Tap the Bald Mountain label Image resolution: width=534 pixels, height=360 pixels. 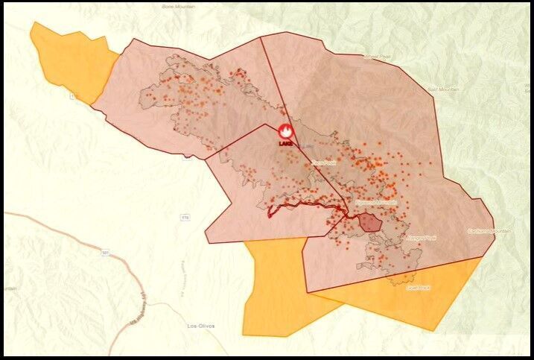point(443,89)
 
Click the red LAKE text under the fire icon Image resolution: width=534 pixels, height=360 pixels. point(285,142)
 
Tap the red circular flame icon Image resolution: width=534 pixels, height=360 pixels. point(285,130)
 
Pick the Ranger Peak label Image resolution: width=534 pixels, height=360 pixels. point(421,237)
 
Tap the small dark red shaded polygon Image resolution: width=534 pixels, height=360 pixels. point(369,222)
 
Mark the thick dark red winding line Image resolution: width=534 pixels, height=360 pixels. point(305,204)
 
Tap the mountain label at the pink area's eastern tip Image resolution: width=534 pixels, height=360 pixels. point(489,231)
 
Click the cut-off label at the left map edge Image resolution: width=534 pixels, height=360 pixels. point(8,288)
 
